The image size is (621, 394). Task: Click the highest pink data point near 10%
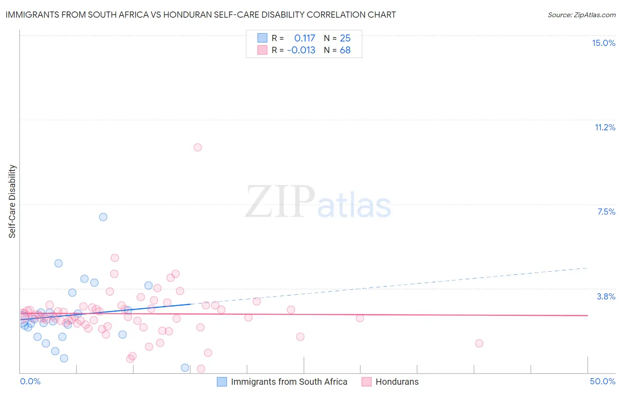197,148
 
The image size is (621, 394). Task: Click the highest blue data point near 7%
103,217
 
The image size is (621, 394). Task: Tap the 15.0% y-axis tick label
603,43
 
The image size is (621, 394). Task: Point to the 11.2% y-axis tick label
605,128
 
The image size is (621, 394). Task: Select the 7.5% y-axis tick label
606,212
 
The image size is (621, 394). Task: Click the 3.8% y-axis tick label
606,297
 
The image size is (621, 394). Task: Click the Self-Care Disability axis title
12,201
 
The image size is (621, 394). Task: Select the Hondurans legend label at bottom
397,382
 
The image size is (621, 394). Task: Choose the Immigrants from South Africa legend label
289,382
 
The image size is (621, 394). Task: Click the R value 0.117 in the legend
305,38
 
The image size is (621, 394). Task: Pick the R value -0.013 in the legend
301,50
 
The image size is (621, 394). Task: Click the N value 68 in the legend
345,50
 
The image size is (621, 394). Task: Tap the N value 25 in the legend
345,38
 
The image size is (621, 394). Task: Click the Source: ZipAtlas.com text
581,15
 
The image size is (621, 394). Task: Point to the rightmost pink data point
479,344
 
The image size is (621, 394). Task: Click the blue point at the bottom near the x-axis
185,368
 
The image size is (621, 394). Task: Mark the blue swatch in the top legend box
262,38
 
